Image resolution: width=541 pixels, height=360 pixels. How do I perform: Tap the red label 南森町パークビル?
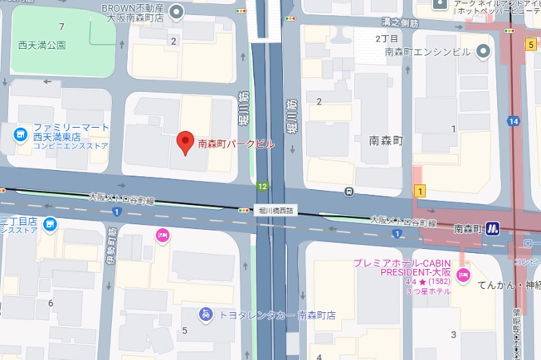(x=236, y=144)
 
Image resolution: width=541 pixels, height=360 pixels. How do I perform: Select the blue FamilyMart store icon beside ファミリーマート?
(x=19, y=133)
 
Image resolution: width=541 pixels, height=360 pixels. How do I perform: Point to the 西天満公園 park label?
(x=41, y=45)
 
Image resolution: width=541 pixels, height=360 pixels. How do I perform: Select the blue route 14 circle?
(x=514, y=121)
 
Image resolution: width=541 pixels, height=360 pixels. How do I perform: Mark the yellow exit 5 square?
(x=529, y=44)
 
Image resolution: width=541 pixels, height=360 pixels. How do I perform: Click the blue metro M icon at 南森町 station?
(x=493, y=227)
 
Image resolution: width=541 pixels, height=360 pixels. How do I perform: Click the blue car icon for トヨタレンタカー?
(x=204, y=314)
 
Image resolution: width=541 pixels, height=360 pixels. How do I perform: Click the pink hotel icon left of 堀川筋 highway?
(x=162, y=236)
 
